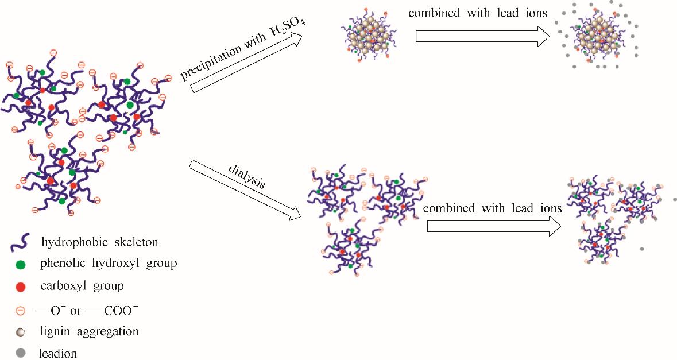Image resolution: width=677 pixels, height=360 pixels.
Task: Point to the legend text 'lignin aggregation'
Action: click(x=90, y=331)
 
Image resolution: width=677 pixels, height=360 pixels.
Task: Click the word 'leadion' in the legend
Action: click(x=57, y=353)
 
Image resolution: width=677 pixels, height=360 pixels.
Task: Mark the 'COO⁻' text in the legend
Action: click(x=118, y=311)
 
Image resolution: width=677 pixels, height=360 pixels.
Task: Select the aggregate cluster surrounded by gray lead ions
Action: click(x=597, y=37)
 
